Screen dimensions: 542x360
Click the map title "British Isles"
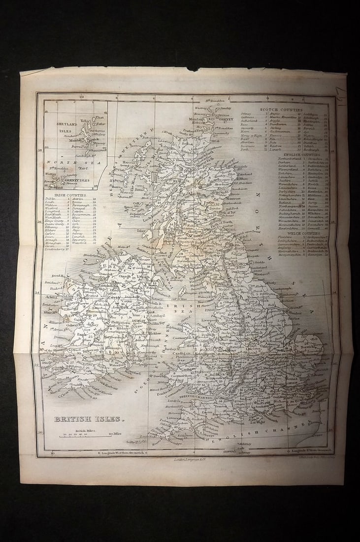pyautogui.click(x=86, y=419)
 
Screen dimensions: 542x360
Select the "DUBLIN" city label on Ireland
pyautogui.click(x=138, y=320)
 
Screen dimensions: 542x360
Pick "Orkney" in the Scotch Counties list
pyautogui.click(x=246, y=114)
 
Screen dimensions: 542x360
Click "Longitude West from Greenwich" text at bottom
pyautogui.click(x=121, y=452)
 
